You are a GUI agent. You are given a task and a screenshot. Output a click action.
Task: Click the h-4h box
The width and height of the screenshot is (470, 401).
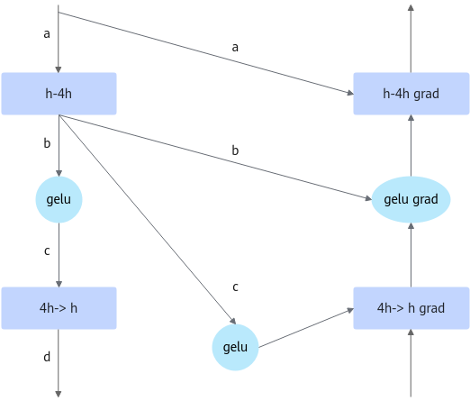click(x=59, y=94)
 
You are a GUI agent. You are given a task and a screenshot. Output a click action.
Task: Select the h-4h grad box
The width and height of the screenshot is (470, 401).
click(x=411, y=94)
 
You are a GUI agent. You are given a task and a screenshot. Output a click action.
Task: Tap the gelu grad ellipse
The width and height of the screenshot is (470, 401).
click(x=411, y=199)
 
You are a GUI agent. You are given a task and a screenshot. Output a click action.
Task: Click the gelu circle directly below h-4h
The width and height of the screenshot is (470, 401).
click(x=59, y=199)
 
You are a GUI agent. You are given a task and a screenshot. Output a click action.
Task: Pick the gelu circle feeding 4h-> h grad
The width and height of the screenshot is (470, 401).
click(x=235, y=347)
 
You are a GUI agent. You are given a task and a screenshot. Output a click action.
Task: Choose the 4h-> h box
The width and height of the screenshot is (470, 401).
click(x=59, y=308)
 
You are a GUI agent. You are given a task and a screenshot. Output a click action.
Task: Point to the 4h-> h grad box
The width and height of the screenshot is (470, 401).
click(x=411, y=308)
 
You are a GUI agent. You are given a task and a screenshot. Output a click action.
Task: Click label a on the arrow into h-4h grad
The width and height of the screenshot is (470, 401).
click(x=235, y=47)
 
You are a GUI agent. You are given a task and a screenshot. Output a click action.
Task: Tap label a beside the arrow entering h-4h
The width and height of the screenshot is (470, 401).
click(x=47, y=33)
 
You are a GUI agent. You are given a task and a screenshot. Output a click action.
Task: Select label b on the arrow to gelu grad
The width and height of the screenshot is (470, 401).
click(x=235, y=150)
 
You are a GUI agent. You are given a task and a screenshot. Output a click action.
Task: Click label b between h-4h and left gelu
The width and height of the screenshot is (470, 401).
click(x=47, y=143)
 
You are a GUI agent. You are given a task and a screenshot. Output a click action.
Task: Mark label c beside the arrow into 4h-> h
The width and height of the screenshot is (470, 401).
click(x=47, y=251)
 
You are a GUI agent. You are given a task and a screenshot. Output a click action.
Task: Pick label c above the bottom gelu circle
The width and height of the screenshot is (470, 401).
click(x=235, y=287)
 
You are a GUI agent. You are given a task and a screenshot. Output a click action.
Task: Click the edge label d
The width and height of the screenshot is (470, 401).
click(x=47, y=357)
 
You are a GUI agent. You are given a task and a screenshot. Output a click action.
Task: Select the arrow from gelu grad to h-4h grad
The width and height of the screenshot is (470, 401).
click(x=411, y=146)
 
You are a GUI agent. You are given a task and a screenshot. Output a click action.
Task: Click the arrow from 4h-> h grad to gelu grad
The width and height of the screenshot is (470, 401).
click(x=411, y=255)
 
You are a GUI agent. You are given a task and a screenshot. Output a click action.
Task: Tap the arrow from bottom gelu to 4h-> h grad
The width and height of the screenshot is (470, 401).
click(x=306, y=328)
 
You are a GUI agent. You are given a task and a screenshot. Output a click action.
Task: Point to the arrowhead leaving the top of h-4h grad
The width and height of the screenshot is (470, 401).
click(x=411, y=7)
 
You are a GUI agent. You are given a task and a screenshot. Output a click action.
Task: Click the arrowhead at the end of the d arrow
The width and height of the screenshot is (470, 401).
click(x=59, y=394)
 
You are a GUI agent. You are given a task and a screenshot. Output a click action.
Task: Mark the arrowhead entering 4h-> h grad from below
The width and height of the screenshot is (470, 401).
click(x=411, y=333)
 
